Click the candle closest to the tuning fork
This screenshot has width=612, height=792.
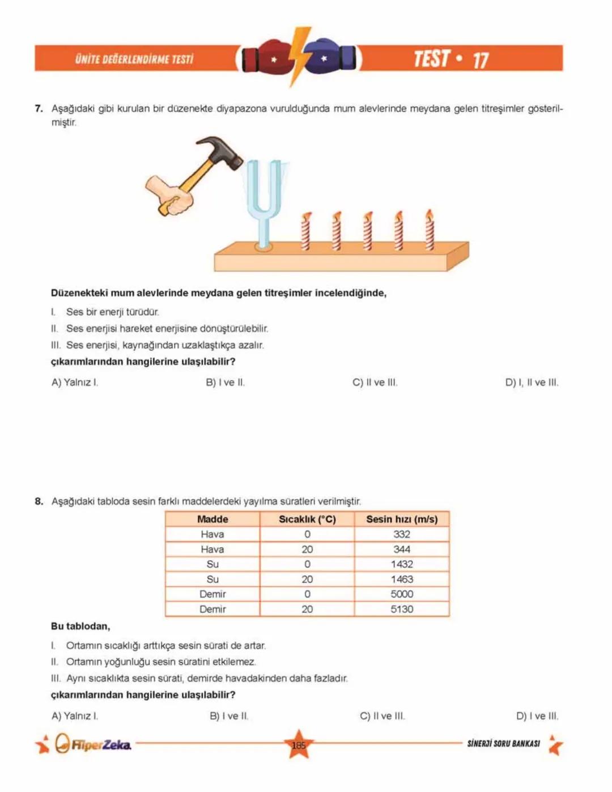[306, 232]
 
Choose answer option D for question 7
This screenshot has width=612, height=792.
[531, 383]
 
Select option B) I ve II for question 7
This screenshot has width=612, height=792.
[225, 383]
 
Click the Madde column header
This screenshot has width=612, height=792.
[212, 519]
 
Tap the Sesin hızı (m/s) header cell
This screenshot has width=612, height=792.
[402, 519]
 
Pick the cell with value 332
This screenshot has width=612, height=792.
[402, 534]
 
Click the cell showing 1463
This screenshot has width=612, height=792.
[402, 579]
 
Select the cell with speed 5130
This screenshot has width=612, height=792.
[402, 609]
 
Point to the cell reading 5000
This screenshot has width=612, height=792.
[402, 594]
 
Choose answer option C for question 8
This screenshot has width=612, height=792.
[382, 716]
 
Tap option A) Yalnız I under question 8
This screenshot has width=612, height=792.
[75, 716]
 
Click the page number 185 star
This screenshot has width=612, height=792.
[299, 745]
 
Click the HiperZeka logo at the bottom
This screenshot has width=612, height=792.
[93, 744]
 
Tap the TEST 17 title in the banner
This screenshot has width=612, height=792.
[450, 59]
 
